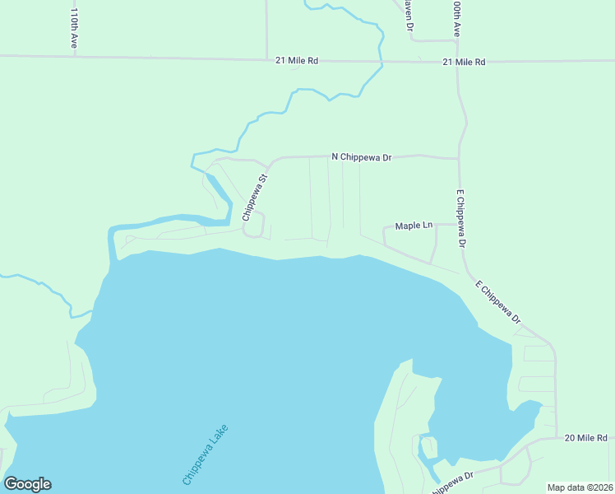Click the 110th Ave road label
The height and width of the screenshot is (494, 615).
tap(74, 29)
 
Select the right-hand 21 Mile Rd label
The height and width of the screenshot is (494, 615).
tap(464, 62)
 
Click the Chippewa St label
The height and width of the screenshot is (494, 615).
tap(256, 198)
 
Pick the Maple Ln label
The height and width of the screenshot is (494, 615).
tap(414, 226)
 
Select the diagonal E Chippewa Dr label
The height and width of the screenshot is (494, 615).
tap(499, 302)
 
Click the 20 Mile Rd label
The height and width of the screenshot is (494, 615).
tap(586, 438)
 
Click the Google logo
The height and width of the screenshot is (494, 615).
tap(27, 484)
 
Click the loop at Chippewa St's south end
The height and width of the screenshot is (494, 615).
tap(255, 224)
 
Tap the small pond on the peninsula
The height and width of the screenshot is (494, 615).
tap(427, 448)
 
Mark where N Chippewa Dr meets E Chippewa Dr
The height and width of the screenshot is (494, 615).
tap(459, 157)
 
